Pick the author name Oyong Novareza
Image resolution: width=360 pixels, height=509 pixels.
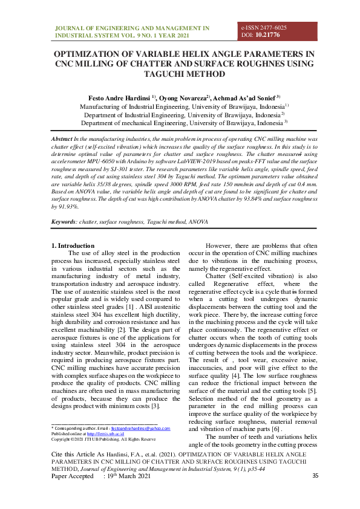tap(185, 97)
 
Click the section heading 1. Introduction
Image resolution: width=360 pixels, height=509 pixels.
tap(73, 245)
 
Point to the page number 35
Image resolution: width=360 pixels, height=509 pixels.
tap(315, 476)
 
